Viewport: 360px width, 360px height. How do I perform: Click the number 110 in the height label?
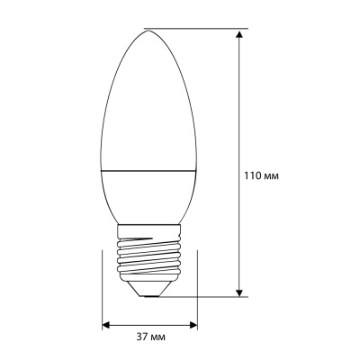coord(253,175)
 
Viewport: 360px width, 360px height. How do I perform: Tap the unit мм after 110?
coord(271,175)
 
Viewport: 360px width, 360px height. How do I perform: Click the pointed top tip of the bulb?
coord(148,28)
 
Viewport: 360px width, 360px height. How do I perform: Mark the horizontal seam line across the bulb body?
coord(148,169)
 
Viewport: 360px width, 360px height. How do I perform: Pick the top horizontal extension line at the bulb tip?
coord(193,27)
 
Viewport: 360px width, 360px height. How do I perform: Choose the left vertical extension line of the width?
coord(102,288)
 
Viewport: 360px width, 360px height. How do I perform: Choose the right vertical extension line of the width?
coord(196,288)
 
